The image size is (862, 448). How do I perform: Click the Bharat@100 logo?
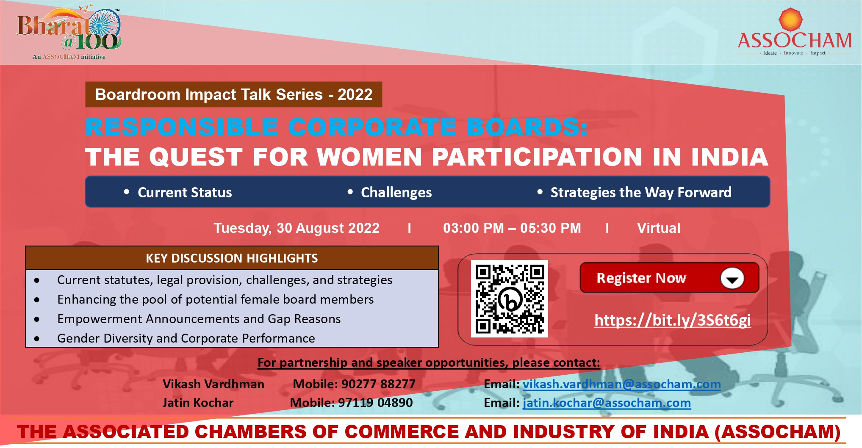69,33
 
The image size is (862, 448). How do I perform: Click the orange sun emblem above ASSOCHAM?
790,19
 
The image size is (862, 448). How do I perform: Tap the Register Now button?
669,278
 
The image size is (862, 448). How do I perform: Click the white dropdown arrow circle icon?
732,278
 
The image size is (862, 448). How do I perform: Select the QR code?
510,299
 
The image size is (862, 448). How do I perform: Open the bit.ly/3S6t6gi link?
673,320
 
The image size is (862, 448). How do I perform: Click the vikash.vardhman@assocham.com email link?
621,384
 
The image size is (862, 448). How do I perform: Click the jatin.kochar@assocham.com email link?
607,403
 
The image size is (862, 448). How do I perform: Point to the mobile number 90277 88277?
378,384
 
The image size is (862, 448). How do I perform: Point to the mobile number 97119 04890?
375,403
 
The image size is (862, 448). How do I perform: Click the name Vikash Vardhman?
213,384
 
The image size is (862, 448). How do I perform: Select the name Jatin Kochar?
198,403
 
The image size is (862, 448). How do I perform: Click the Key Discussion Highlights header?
232,258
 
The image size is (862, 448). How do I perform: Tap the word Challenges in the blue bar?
396,193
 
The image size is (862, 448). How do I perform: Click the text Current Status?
185,193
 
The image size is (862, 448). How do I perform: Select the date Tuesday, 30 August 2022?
297,228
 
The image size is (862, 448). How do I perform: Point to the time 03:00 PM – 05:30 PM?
512,228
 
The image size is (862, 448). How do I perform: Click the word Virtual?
659,228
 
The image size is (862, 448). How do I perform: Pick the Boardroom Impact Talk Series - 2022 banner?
234,94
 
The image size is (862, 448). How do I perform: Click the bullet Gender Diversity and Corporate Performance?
186,338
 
